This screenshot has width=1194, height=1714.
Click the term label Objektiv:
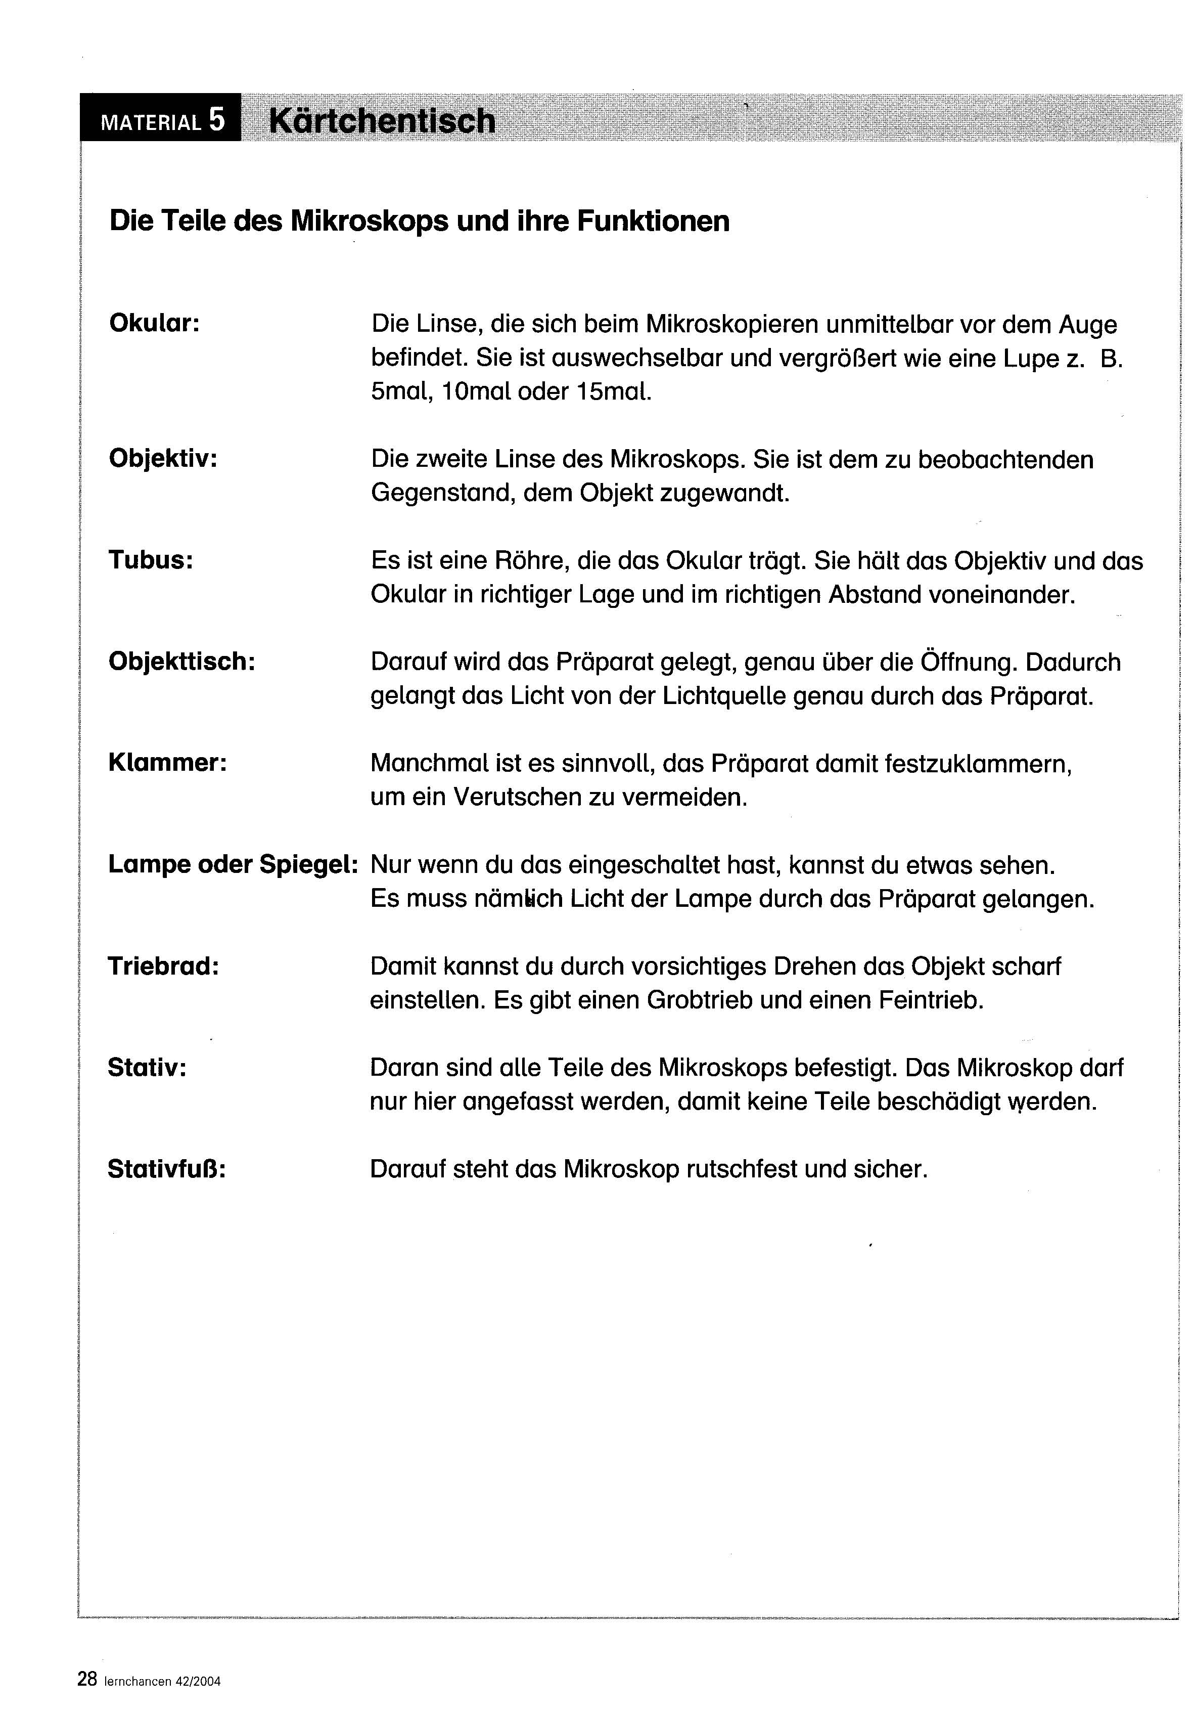click(x=163, y=458)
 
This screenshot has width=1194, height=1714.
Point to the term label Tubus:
click(x=151, y=559)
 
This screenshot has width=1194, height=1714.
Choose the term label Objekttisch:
click(x=181, y=661)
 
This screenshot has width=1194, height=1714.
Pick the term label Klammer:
click(x=167, y=762)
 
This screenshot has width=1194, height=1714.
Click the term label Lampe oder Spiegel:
click(x=233, y=864)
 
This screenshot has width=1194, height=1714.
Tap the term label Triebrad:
click(x=163, y=965)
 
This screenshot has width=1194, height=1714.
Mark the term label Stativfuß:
click(x=166, y=1168)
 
